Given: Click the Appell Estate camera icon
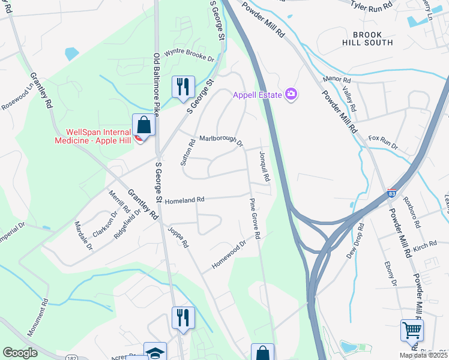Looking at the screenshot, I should (x=292, y=94).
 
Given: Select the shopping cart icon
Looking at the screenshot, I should (x=412, y=329).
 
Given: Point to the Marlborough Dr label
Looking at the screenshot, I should (x=221, y=140).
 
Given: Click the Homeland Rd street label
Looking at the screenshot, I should (x=185, y=200).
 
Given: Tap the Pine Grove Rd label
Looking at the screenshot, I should (x=254, y=220).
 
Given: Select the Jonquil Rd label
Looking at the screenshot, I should (x=265, y=166).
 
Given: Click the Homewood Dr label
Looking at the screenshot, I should (x=229, y=256).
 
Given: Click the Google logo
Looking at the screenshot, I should (x=20, y=353).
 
